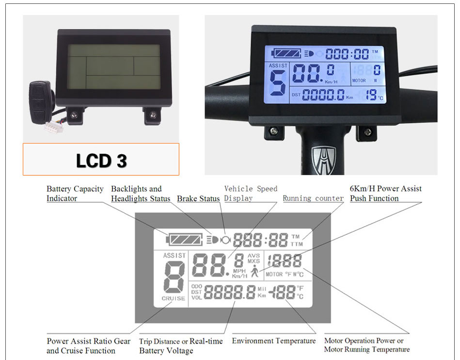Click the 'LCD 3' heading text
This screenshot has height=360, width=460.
pyautogui.click(x=101, y=160)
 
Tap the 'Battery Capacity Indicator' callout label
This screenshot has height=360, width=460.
pyautogui.click(x=75, y=194)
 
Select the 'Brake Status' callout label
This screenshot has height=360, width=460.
pyautogui.click(x=198, y=198)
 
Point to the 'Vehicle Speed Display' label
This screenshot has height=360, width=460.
pyautogui.click(x=251, y=194)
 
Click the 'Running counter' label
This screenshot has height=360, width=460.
pyautogui.click(x=313, y=198)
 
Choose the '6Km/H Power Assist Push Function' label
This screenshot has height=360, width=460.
pyautogui.click(x=385, y=194)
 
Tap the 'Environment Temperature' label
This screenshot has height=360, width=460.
pyautogui.click(x=273, y=341)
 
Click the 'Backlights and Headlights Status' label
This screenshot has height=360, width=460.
pyautogui.click(x=141, y=194)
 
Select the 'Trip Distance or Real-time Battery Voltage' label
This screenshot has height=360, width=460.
pyautogui.click(x=181, y=346)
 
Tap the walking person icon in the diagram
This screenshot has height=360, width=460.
pyautogui.click(x=255, y=273)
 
